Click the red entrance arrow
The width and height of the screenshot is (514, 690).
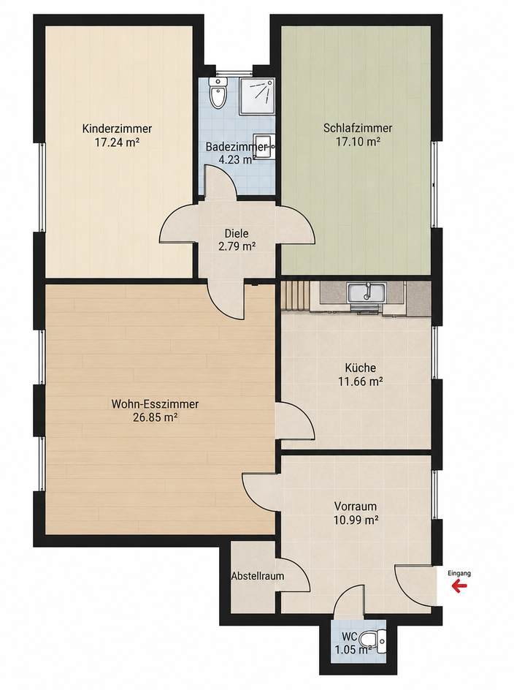pos(459,585)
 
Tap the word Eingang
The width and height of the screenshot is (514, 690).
pos(459,573)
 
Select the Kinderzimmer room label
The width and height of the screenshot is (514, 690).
pos(117,129)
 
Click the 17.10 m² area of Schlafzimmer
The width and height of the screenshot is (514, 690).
pos(358,142)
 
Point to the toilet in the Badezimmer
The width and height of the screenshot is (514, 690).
pos(218,92)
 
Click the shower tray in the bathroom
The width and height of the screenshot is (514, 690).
pos(257,96)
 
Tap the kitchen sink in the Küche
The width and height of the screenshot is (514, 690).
pos(367,294)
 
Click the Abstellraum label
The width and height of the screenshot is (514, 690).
pos(258,575)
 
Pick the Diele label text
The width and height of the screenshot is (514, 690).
pos(237,233)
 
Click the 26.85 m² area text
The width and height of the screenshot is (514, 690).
pos(156,417)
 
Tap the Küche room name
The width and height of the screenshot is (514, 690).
pos(360,368)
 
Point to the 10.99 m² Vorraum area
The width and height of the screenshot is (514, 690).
pos(356,520)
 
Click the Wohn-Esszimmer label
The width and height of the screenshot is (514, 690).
pos(156,403)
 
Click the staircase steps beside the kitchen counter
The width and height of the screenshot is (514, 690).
pos(296,295)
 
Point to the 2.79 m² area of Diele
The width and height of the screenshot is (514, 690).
pos(237,246)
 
